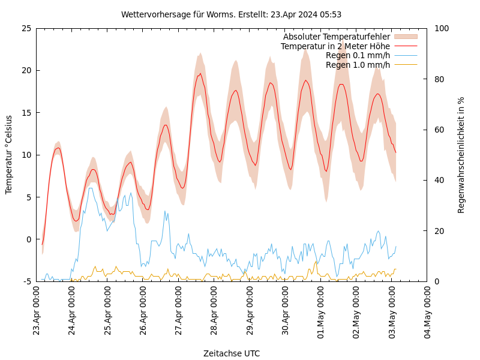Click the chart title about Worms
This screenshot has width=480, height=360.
coord(231,14)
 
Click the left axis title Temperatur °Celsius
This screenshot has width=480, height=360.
coord(9,154)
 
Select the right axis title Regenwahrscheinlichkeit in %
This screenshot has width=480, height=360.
coord(461,155)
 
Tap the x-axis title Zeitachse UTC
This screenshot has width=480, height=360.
coord(231,353)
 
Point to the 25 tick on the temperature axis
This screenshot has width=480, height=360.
coord(26,28)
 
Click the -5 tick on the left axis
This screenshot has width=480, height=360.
coord(28,281)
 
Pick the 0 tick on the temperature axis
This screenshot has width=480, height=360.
coord(29,239)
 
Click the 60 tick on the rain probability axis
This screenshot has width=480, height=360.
coord(439,130)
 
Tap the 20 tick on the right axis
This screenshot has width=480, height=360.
coord(439,231)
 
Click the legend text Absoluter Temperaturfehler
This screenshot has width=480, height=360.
coord(336,37)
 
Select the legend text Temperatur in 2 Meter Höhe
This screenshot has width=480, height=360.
coord(335,46)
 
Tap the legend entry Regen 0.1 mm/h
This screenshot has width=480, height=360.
coord(358,56)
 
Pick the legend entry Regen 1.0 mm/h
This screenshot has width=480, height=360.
coord(358,65)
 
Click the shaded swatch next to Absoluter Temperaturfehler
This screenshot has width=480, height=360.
coord(405,37)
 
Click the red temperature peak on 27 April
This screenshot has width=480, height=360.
coord(200,74)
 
